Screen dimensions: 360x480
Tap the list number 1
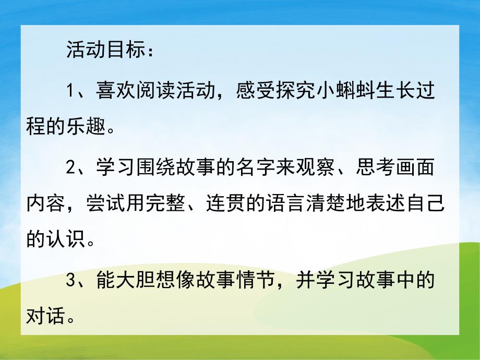72,92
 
